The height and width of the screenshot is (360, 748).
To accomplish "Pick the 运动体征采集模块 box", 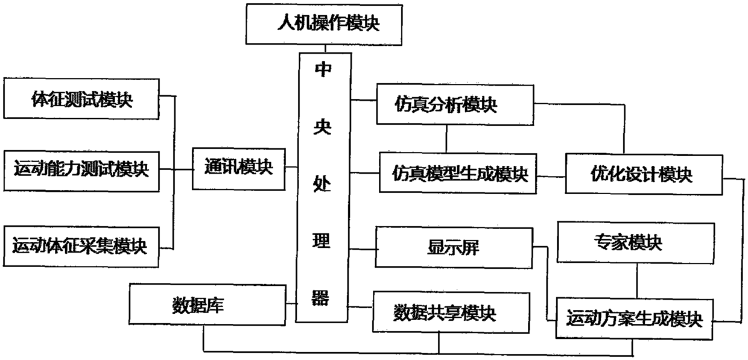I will [81, 245].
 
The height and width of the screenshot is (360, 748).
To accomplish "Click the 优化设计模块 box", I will [642, 175].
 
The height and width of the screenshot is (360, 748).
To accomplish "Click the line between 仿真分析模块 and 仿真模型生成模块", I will [446, 138].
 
